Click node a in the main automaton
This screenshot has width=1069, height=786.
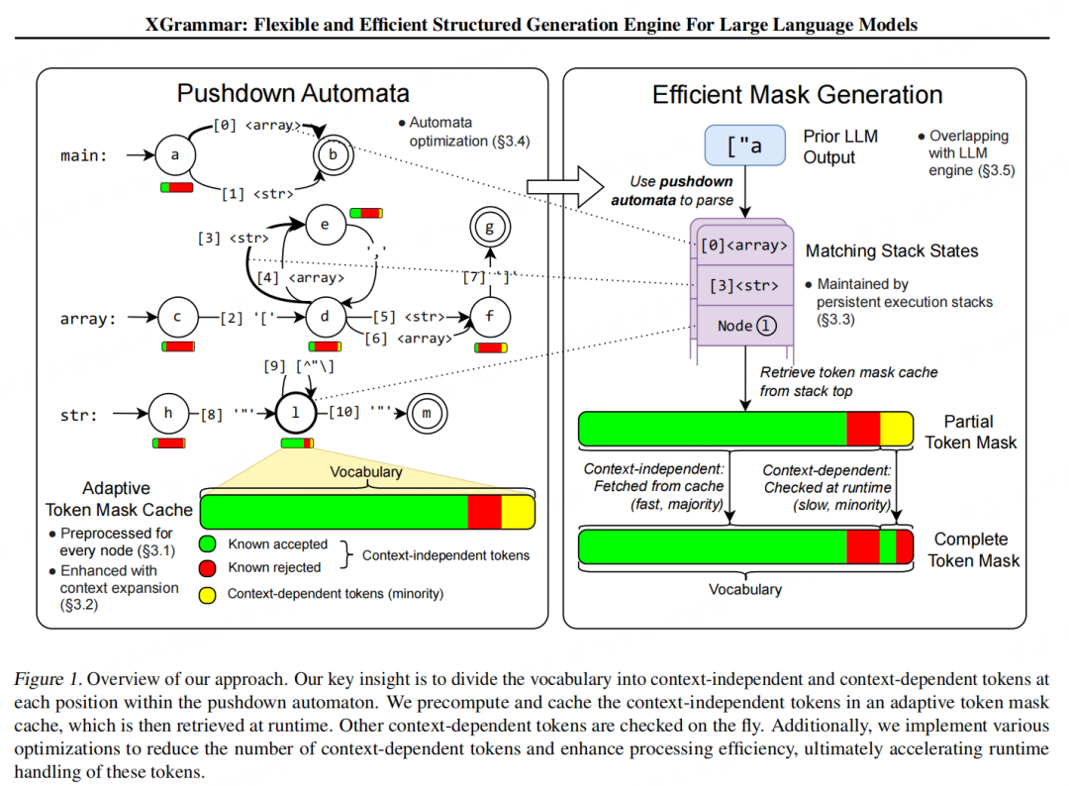click(175, 155)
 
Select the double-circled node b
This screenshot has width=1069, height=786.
click(333, 155)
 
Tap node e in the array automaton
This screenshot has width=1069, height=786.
click(324, 225)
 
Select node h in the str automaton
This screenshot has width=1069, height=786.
click(167, 413)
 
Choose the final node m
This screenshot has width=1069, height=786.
click(427, 413)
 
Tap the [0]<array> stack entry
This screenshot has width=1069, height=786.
click(743, 246)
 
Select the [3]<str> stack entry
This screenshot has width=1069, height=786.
click(743, 286)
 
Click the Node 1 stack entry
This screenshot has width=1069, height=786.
click(743, 325)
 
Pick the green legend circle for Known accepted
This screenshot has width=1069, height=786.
click(208, 544)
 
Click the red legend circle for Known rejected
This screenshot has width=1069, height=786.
click(208, 567)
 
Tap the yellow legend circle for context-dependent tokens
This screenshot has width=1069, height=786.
click(208, 594)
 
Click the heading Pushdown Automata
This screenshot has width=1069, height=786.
click(293, 94)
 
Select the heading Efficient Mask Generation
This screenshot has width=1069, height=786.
click(797, 95)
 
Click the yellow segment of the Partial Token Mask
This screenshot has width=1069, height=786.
click(896, 430)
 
